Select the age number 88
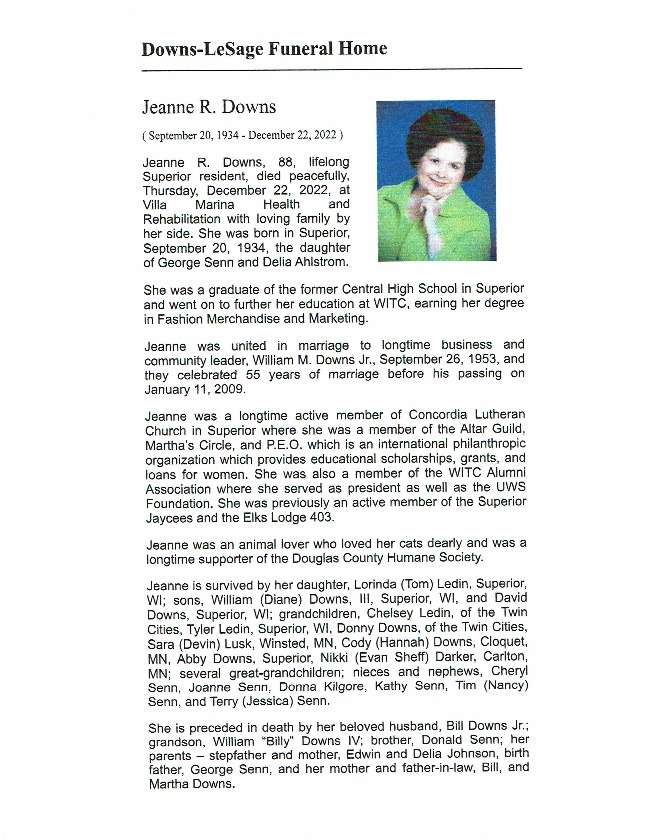point(286,162)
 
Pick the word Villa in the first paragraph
point(155,205)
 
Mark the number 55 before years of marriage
point(253,375)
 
